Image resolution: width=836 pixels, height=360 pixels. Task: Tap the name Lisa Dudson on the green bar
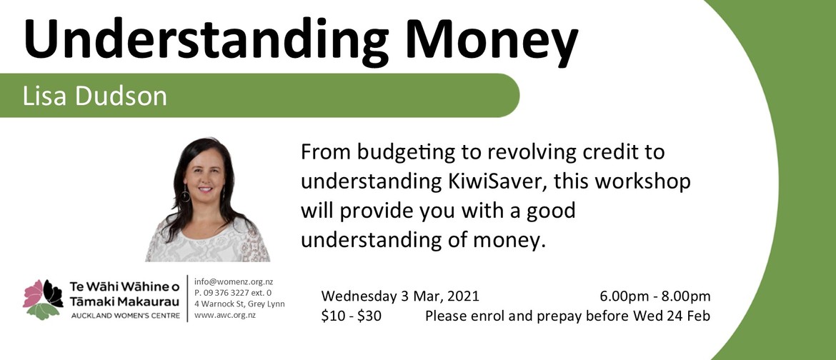click(95, 96)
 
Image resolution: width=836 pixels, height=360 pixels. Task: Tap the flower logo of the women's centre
click(43, 299)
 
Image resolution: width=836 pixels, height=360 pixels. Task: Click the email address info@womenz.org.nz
click(234, 281)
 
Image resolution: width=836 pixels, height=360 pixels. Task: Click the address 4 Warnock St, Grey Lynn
click(239, 304)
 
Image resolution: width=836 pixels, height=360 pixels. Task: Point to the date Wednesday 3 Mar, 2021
click(400, 296)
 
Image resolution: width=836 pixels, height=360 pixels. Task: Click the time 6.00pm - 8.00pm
click(655, 296)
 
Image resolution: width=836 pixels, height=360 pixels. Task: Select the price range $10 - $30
click(352, 316)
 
